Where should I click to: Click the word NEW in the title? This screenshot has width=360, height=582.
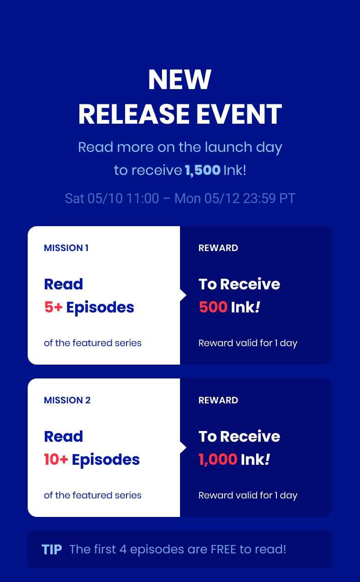click(x=180, y=80)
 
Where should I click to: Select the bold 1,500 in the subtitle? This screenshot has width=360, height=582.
click(x=203, y=170)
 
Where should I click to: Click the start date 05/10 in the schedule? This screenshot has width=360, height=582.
click(x=100, y=198)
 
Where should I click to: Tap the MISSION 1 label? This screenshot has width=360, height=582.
click(x=66, y=248)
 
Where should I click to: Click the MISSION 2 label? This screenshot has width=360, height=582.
click(x=67, y=400)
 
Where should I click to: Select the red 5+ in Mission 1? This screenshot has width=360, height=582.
click(x=53, y=307)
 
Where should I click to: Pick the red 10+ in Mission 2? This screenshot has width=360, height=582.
click(x=56, y=460)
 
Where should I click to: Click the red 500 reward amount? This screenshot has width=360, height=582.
click(x=213, y=307)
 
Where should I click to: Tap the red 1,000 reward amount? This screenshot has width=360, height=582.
click(x=218, y=460)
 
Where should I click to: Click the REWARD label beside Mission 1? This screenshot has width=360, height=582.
click(x=218, y=248)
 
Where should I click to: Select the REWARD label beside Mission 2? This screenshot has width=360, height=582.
click(x=218, y=400)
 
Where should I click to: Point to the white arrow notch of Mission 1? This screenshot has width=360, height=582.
click(x=183, y=295)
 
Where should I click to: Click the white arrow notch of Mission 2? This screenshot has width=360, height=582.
click(x=183, y=448)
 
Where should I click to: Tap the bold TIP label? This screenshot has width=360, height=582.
click(x=52, y=550)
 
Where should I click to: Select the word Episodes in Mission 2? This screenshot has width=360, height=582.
click(x=106, y=460)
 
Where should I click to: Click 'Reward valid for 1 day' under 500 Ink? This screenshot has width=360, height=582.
click(x=248, y=343)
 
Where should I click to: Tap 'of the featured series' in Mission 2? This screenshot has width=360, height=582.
click(x=93, y=495)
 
